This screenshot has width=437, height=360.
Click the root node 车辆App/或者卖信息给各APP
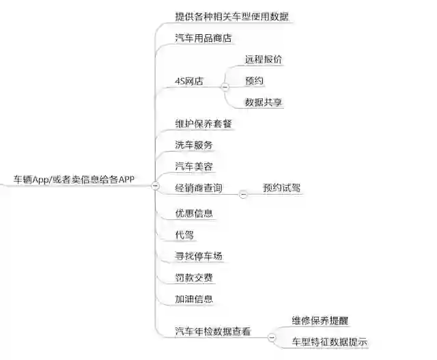[74, 180]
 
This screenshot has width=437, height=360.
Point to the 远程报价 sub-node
[264, 59]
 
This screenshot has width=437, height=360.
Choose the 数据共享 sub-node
[264, 102]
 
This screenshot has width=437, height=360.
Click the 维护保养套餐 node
[203, 124]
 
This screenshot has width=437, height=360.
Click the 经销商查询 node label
[198, 188]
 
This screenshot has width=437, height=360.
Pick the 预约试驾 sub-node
[281, 188]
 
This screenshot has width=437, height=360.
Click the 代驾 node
[184, 234]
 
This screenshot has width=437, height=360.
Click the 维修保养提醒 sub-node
[320, 320]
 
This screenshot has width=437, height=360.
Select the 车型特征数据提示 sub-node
[329, 341]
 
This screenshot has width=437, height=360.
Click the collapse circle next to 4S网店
[225, 87]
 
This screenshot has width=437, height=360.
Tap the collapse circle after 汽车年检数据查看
[271, 337]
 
